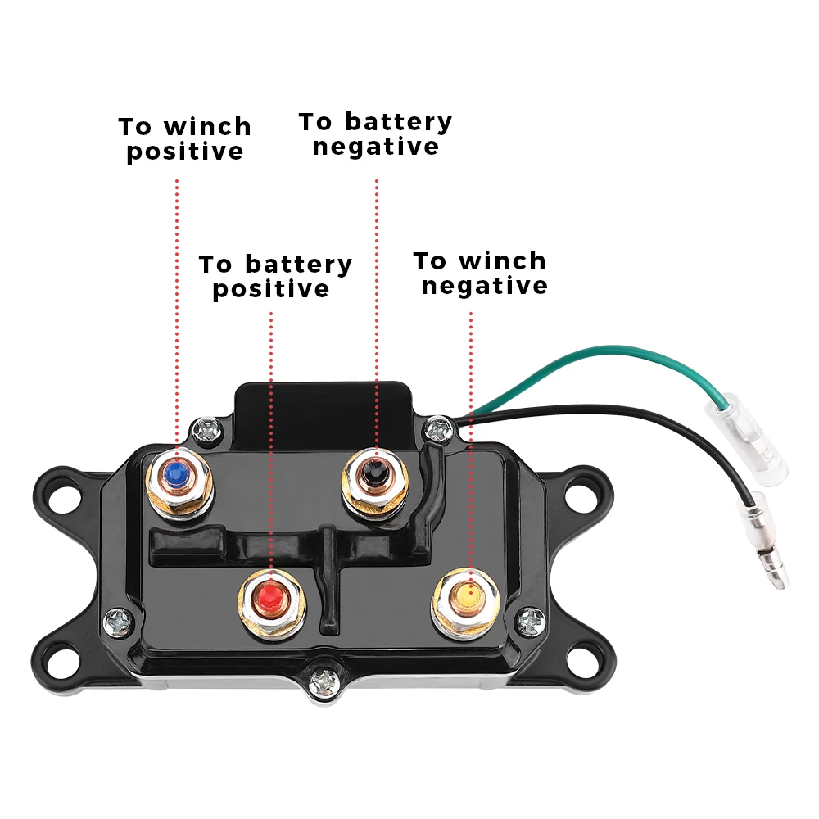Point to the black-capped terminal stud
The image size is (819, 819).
(x=375, y=473)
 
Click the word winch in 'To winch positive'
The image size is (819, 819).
(x=207, y=128)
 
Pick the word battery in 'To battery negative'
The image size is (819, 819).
(x=398, y=123)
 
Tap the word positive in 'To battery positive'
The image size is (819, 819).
(x=271, y=290)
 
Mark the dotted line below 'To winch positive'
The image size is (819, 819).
(x=177, y=311)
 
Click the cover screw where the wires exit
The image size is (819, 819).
(x=440, y=426)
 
